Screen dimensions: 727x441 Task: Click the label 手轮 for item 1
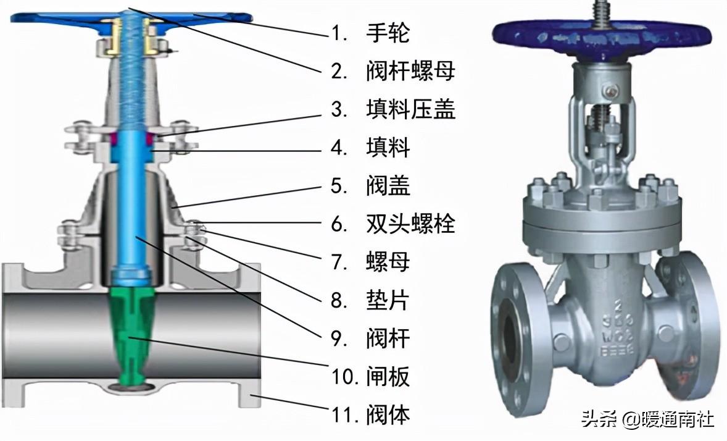388,33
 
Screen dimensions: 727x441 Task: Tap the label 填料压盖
410,109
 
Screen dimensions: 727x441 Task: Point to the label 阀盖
388,186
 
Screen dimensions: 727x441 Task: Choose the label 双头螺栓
410,224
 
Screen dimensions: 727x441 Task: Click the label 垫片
388,300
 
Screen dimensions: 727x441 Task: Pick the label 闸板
388,376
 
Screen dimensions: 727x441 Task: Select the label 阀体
388,414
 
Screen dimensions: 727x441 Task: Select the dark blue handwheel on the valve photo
601,40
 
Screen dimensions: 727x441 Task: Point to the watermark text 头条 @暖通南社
648,420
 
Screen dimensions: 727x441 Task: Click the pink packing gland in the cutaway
131,138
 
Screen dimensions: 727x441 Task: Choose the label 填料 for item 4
388,148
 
